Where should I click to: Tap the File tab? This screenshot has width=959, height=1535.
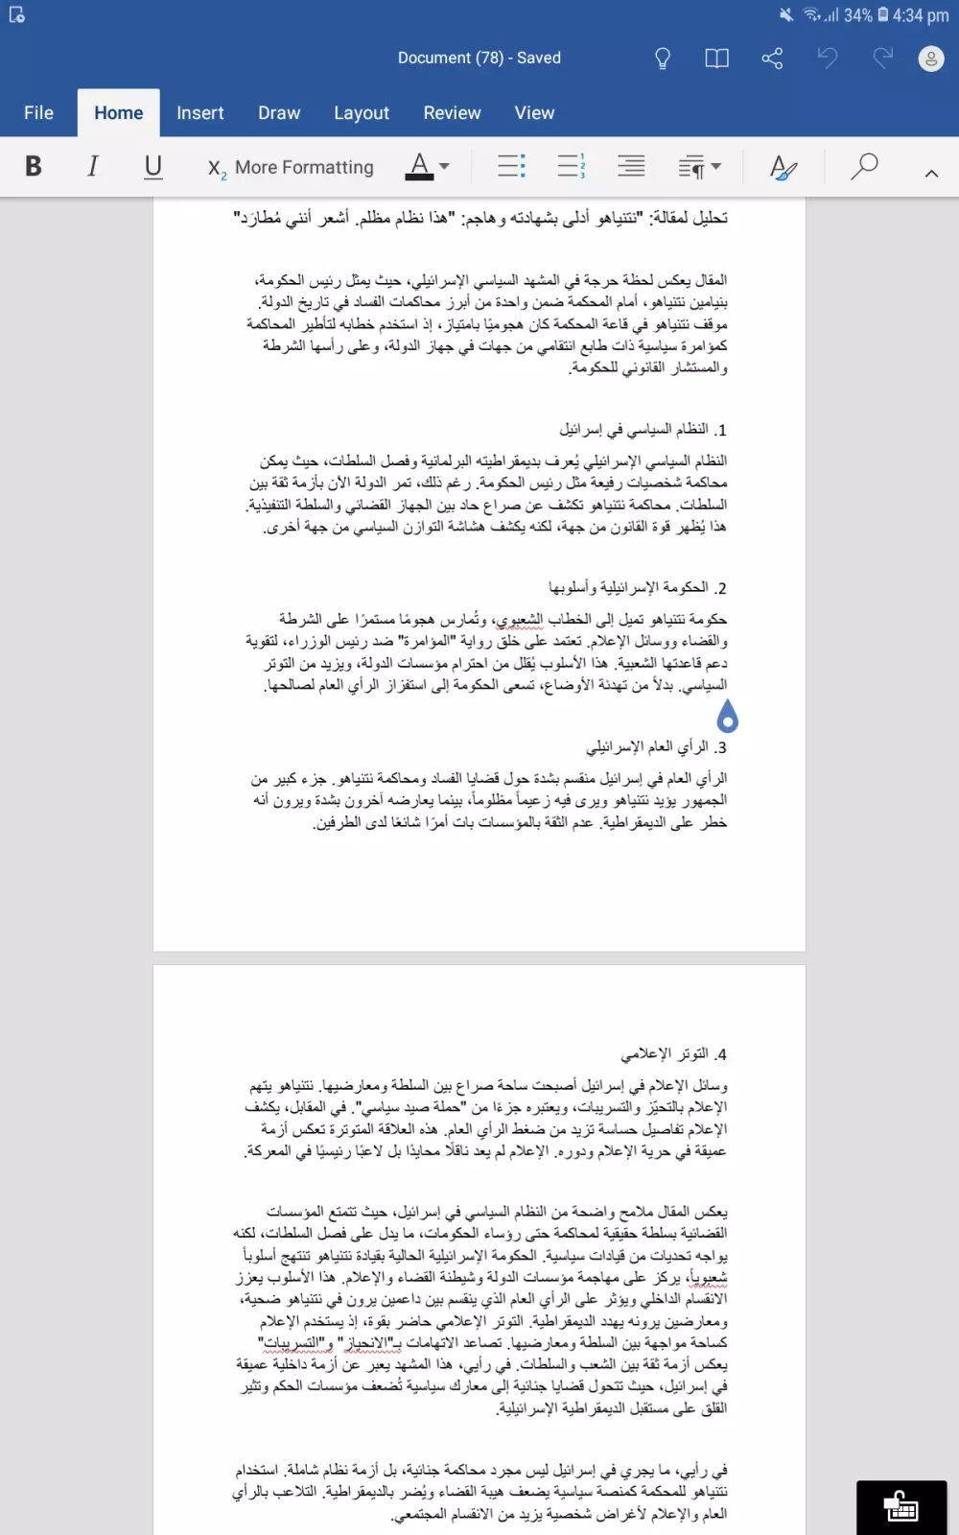tap(38, 113)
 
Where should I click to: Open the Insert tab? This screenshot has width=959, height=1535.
tap(199, 113)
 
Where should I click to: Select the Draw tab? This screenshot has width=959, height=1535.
tap(279, 113)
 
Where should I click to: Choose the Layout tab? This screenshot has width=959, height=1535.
tap(362, 113)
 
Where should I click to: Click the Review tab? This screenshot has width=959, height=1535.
tap(452, 113)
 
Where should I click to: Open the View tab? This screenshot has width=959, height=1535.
tap(534, 113)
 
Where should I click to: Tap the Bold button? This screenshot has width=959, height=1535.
tap(34, 167)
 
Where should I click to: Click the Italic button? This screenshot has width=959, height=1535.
tap(93, 167)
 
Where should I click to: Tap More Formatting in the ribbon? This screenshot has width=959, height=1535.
tap(292, 168)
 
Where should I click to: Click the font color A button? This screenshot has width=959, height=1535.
tap(419, 167)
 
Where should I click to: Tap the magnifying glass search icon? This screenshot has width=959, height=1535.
tap(864, 167)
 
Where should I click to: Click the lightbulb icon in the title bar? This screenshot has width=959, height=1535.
tap(663, 59)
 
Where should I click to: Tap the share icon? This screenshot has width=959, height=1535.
tap(772, 59)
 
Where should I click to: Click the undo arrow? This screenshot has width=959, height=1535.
tap(828, 59)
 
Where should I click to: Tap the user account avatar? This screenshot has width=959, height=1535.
tap(931, 59)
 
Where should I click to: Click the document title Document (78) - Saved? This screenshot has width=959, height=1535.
tap(479, 59)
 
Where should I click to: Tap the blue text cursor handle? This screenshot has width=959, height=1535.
tap(728, 716)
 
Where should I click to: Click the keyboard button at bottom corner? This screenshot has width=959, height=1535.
tap(901, 1507)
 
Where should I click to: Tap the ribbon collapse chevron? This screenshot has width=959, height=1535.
tap(931, 173)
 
